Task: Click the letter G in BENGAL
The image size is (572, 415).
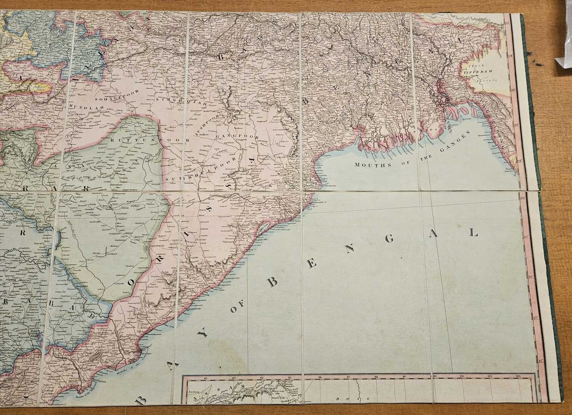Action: point(389,239)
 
